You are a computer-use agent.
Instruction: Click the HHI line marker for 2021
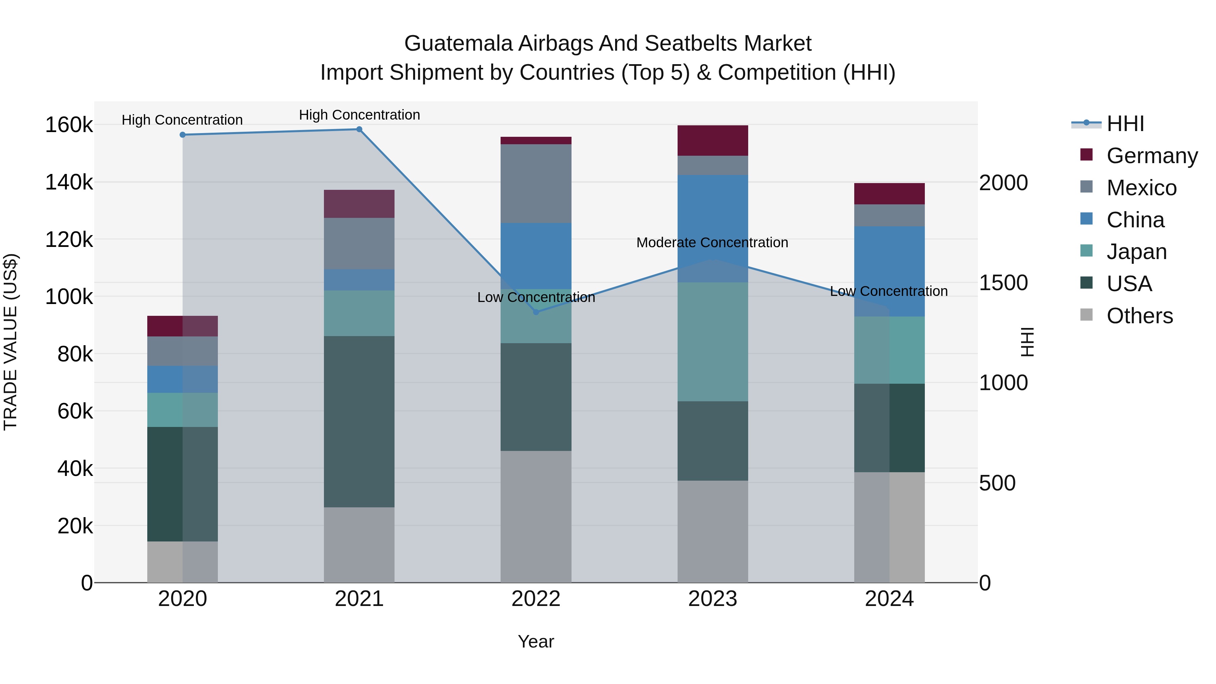359,129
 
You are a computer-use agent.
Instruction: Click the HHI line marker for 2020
183,135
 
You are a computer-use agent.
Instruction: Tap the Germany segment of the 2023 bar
713,141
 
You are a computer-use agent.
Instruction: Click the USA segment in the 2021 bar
359,422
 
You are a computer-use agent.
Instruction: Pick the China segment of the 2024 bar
889,272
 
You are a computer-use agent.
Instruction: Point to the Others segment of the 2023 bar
713,532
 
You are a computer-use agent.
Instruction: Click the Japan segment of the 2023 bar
713,342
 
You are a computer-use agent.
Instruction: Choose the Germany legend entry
1152,156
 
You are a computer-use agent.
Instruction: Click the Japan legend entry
1136,252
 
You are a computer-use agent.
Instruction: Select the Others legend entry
1140,316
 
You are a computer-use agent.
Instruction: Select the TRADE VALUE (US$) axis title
10,342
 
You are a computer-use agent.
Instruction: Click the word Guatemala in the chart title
458,44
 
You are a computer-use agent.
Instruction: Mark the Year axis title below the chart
536,641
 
